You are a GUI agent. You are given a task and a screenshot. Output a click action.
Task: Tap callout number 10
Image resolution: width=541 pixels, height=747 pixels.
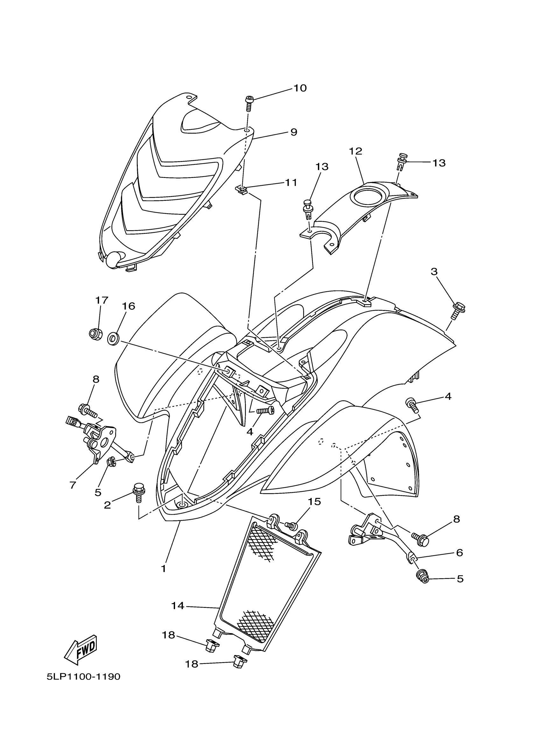point(300,88)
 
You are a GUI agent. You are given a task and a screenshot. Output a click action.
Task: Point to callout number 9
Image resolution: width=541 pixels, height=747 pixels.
point(294,132)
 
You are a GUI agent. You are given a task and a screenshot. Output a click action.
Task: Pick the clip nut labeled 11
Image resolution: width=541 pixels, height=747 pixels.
point(242,190)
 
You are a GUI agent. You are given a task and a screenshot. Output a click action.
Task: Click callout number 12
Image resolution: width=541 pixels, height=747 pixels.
point(355,151)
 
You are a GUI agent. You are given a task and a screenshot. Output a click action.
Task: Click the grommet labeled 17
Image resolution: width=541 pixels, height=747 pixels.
point(95,334)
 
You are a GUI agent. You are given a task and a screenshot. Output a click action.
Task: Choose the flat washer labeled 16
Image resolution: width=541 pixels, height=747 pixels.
point(113,339)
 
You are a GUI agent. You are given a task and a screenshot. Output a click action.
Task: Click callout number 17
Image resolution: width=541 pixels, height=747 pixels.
point(102,300)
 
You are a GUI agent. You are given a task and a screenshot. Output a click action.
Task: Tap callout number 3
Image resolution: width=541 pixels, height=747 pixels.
point(434,272)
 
